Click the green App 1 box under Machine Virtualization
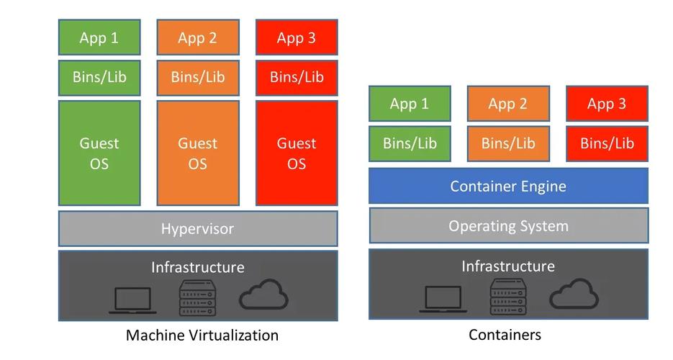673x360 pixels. [99, 37]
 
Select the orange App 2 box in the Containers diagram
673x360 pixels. [507, 104]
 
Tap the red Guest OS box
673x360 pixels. [297, 153]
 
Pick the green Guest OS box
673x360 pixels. [99, 153]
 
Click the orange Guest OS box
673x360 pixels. [198, 153]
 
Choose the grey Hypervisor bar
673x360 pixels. [198, 229]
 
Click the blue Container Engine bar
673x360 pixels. [508, 186]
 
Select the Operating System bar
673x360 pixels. [508, 226]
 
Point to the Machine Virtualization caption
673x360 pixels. [202, 335]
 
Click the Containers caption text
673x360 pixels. [505, 335]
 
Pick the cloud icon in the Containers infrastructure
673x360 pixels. [574, 295]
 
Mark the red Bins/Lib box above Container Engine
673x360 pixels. [607, 143]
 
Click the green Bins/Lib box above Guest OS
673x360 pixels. [99, 77]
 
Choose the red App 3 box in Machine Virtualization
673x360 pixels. [297, 37]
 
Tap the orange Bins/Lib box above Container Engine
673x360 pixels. [507, 143]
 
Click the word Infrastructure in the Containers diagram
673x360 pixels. [508, 266]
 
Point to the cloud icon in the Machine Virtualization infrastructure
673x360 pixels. [263, 295]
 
